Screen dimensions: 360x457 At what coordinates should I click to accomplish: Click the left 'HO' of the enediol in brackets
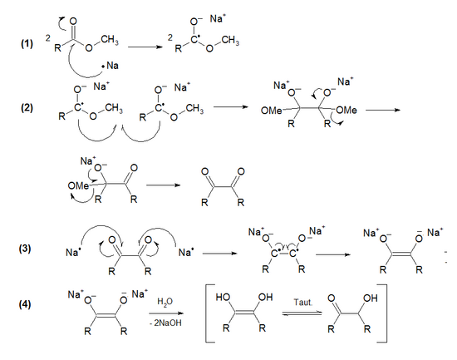click(x=224, y=294)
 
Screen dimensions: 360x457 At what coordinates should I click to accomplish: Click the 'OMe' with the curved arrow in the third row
click(x=77, y=185)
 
